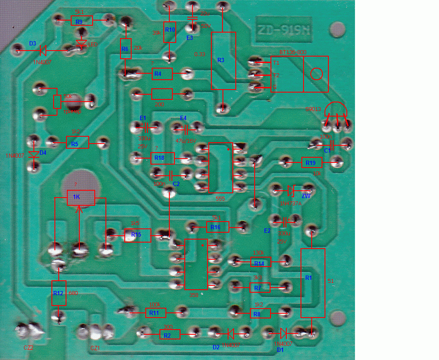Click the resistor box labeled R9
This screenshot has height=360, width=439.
point(81,21)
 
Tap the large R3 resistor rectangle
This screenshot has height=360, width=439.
point(223,60)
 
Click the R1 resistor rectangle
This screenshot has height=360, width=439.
point(312,283)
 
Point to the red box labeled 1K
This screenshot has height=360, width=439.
point(81,198)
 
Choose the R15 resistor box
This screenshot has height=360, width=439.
point(138,235)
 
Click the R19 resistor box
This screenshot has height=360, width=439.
point(312,163)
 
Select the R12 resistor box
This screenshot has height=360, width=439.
point(59,293)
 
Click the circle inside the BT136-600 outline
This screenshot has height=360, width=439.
point(316,74)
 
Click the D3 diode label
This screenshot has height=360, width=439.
point(33,44)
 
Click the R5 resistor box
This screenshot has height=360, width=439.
point(77,143)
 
